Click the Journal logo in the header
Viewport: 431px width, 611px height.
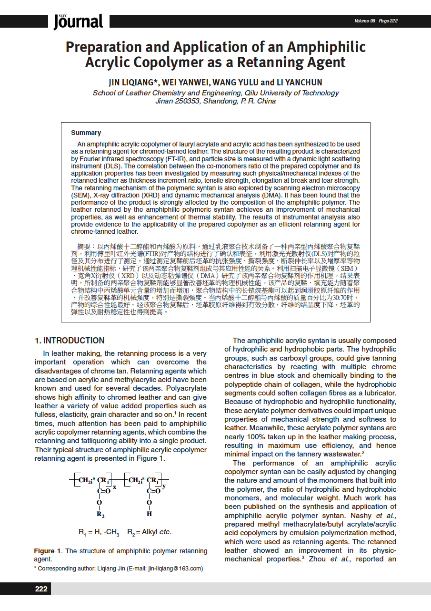coord(78,21)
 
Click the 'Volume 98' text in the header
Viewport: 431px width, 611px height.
coord(365,21)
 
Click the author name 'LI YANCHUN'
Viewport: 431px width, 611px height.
coord(299,83)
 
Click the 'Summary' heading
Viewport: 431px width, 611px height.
coord(86,133)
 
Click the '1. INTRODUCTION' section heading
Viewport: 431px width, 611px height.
coord(70,341)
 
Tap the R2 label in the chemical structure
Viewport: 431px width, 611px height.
coord(100,514)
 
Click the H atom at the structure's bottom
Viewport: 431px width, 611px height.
coord(149,514)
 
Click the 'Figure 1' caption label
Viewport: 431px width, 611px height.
coord(48,551)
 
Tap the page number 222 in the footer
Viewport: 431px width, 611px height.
coord(41,589)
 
